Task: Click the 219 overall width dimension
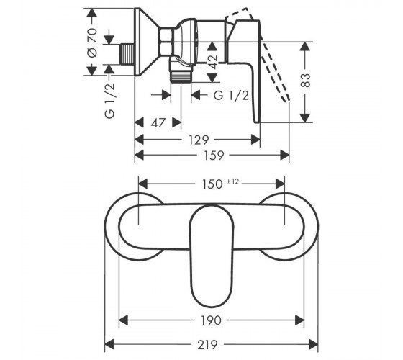pos(207,345)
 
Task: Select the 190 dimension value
pos(211,320)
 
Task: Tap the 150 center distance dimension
pos(212,184)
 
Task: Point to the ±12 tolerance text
pos(232,181)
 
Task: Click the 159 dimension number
pos(214,156)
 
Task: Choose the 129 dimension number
pos(199,140)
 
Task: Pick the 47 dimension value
pos(158,122)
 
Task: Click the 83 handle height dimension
pos(305,81)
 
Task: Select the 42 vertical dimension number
pos(212,62)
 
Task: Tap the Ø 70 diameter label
pos(92,42)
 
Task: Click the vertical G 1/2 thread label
pos(109,101)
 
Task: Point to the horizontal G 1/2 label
pos(231,96)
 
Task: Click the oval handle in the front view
pos(212,256)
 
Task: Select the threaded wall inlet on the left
pos(127,54)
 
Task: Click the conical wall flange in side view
pos(147,42)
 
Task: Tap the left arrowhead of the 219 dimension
pos(109,345)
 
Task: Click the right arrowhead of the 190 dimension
pos(299,320)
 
